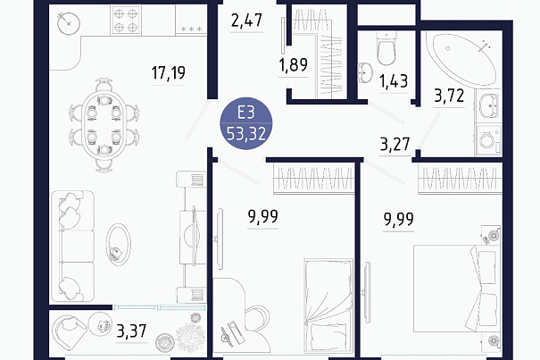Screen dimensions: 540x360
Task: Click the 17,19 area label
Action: click(x=169, y=72)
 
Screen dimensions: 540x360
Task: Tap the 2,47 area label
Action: click(x=246, y=21)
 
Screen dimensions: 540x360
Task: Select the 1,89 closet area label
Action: click(x=294, y=65)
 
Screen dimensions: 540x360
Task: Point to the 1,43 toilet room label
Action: click(x=394, y=81)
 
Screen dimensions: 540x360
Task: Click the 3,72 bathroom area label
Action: click(x=449, y=96)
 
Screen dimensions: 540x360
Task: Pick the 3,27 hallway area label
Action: click(x=395, y=144)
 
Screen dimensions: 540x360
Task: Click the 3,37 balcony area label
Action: click(x=131, y=331)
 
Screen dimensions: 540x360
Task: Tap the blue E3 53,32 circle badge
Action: click(x=246, y=123)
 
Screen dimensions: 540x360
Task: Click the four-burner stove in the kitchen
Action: click(x=126, y=20)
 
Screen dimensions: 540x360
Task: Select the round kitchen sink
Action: click(x=69, y=23)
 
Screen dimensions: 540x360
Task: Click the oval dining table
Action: click(x=104, y=125)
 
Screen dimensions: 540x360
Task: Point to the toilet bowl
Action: click(x=386, y=48)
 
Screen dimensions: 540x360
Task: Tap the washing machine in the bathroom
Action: click(x=489, y=140)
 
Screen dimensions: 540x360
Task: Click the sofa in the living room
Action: click(x=72, y=247)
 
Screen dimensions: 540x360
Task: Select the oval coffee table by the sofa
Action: click(x=118, y=246)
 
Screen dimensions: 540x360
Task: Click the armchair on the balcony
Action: click(x=68, y=331)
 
